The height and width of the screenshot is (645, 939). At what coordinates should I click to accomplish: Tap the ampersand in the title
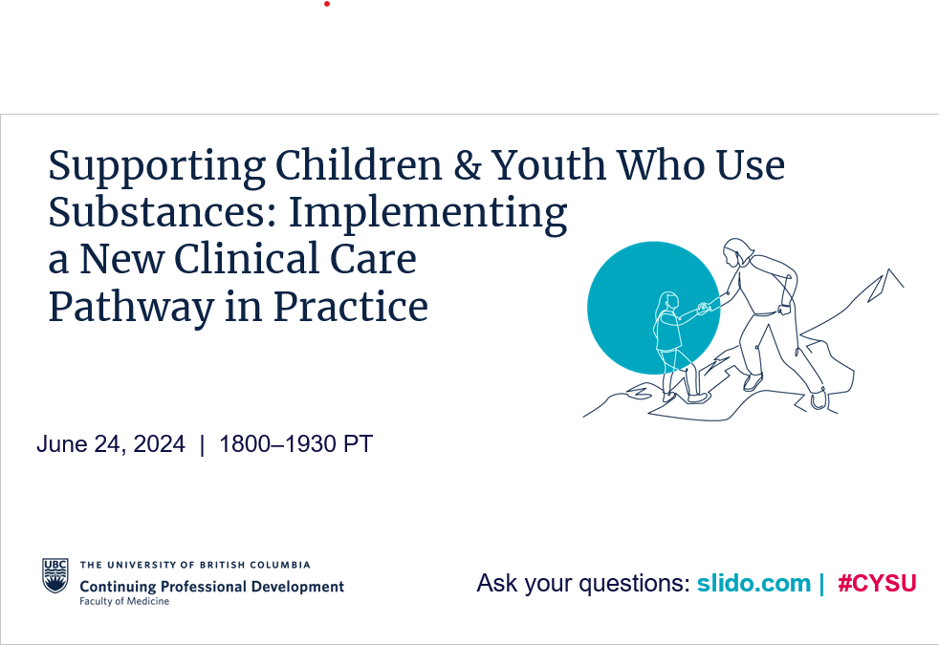click(x=467, y=165)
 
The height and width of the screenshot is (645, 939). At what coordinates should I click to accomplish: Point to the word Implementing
click(x=427, y=215)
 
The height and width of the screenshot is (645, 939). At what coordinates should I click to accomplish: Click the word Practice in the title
click(x=350, y=307)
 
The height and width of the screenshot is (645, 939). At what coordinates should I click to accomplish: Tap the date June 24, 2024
click(x=111, y=444)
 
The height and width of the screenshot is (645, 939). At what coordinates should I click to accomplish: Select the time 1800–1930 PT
click(x=295, y=444)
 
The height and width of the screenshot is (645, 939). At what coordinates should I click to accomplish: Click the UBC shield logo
click(x=55, y=575)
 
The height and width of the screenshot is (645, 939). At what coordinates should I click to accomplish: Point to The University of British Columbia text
click(x=195, y=565)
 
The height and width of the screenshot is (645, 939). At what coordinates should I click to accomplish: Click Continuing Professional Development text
click(x=212, y=587)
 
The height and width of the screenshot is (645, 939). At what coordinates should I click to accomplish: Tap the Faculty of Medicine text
click(x=124, y=601)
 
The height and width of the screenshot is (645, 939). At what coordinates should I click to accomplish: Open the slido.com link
click(x=753, y=583)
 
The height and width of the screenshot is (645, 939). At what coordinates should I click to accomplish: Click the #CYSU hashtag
click(x=877, y=583)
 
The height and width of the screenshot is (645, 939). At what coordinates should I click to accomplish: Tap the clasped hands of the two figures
click(x=704, y=308)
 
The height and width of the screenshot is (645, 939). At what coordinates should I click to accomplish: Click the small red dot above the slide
click(x=327, y=4)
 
